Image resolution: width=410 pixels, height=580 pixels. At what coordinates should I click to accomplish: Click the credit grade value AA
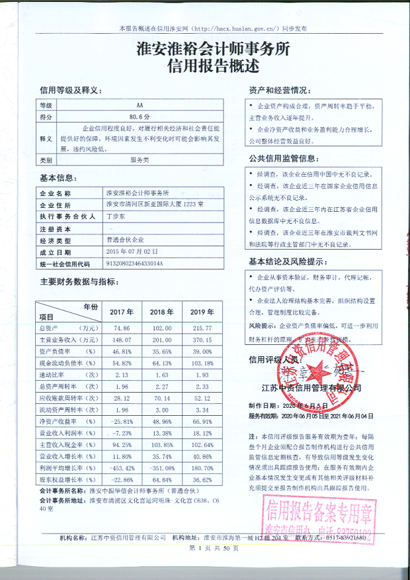click(140, 105)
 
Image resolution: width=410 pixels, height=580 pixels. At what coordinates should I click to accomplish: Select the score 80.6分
click(140, 117)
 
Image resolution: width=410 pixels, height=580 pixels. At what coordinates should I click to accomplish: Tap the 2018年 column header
click(161, 311)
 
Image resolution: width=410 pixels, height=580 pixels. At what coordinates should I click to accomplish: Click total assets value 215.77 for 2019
click(200, 328)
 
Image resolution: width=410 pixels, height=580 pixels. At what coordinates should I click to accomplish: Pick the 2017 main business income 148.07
click(120, 340)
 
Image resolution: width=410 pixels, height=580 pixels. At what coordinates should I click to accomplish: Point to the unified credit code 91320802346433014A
click(134, 264)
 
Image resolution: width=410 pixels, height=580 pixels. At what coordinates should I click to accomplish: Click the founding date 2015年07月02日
click(132, 252)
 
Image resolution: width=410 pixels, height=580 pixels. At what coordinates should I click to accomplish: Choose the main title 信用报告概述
click(204, 66)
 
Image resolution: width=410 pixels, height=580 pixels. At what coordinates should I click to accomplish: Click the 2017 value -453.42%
click(120, 468)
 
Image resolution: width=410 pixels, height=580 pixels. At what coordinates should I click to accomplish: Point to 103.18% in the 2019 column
click(200, 363)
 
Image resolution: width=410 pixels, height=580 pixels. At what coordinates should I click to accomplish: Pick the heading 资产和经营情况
click(278, 89)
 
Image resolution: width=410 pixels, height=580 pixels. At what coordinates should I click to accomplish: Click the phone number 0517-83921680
click(345, 539)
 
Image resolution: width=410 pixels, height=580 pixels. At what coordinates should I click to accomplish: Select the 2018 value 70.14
click(161, 399)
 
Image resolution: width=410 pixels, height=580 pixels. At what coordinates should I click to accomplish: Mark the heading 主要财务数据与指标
click(79, 281)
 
